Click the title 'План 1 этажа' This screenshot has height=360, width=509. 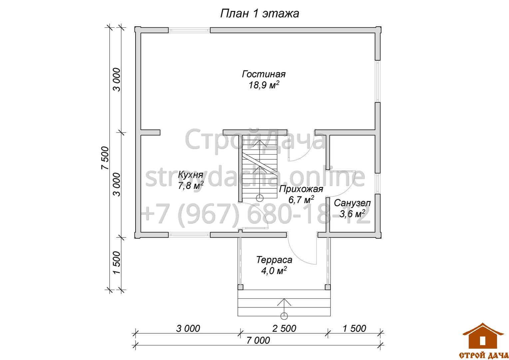click(259, 14)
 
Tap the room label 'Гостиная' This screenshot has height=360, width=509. click(263, 74)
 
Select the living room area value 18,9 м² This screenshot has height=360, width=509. click(264, 85)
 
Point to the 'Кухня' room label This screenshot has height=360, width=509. click(191, 175)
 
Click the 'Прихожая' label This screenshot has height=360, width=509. click(301, 189)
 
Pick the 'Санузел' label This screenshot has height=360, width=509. click(352, 203)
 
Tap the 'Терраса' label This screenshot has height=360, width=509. click(274, 260)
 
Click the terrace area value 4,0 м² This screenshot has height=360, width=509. click(274, 271)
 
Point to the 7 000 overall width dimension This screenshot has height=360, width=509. click(258, 340)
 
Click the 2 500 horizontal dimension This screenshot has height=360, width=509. click(284, 328)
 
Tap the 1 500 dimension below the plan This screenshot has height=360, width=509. click(354, 328)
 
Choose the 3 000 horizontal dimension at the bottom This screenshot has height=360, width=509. click(188, 328)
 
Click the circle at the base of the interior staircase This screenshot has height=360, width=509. click(259, 198)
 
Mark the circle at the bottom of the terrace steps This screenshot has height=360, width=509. click(284, 316)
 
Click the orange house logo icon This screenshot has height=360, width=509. click(483, 336)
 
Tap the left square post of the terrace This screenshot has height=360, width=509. click(241, 287)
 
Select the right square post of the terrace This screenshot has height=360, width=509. click(328, 287)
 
